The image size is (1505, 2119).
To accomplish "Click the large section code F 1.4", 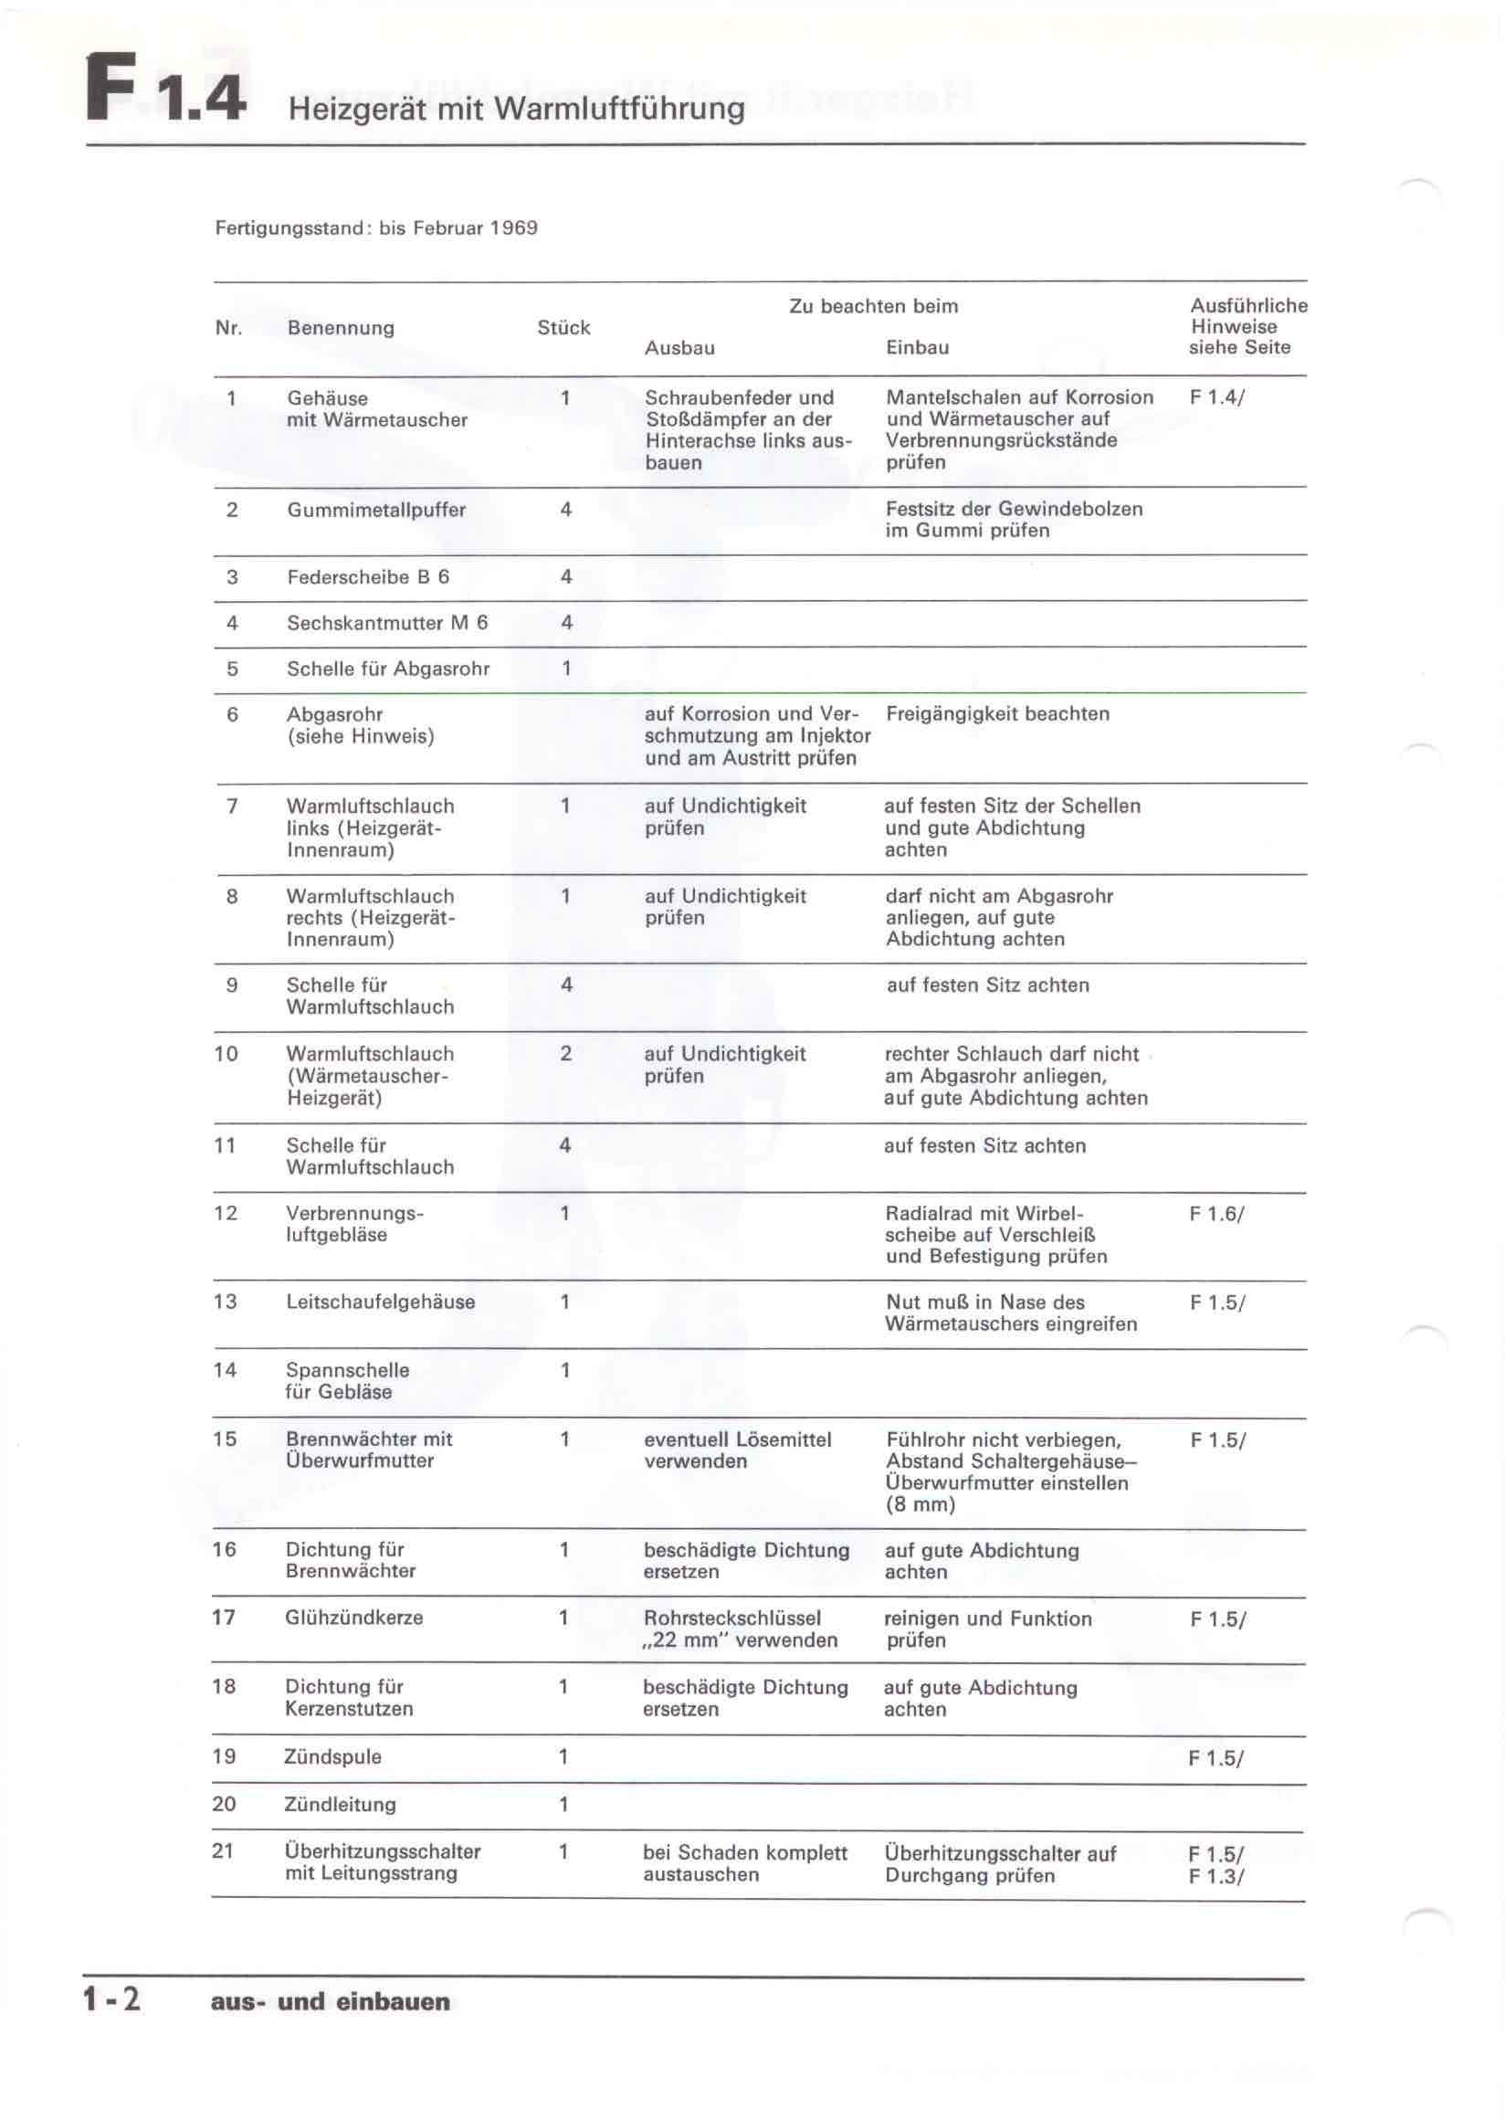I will coord(167,89).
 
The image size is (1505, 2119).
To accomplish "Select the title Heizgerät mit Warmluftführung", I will coord(516,110).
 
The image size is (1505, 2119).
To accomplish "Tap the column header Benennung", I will coord(340,327).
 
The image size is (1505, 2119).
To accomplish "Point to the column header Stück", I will coord(563,327).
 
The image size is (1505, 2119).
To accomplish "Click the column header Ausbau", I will coord(679,348).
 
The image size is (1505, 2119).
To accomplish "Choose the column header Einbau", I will coord(917,348).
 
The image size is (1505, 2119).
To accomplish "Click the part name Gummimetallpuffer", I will coord(376,510).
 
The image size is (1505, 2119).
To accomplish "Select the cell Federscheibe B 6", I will coord(368,576).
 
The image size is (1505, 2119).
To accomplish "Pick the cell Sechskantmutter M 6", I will coord(386,623).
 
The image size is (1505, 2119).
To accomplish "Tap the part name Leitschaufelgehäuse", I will coord(380,1302).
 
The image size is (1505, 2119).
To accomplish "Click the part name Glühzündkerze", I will coord(354,1618).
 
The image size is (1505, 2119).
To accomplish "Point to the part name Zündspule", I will coord(332,1756).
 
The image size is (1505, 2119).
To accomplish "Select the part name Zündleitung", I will coord(340,1804).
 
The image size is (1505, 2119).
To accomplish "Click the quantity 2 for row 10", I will coord(565,1054).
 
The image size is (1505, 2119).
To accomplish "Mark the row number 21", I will coord(223,1851).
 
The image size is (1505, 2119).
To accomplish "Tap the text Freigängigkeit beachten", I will coord(997,713).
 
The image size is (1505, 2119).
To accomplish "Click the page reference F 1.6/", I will coord(1216,1213).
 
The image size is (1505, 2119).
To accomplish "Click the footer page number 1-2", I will coord(112,1999).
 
